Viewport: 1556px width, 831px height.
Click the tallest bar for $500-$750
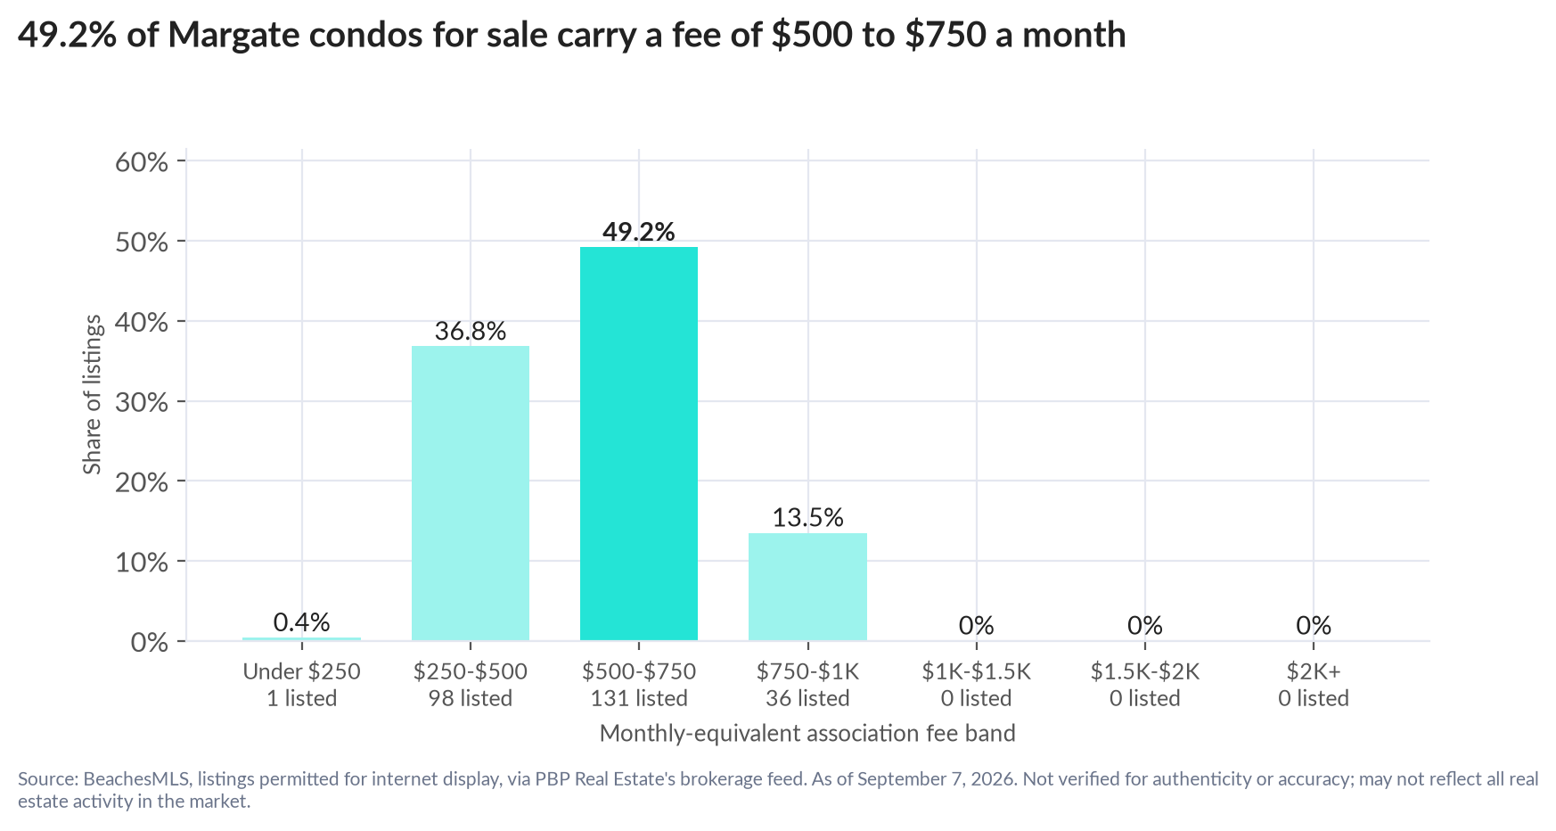[639, 443]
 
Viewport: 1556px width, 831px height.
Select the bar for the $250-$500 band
[471, 493]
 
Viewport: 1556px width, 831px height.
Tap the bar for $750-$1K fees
[807, 587]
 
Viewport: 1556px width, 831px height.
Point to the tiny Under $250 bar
[302, 638]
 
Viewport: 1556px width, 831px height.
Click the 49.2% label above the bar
[639, 232]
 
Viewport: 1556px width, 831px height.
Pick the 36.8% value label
[471, 332]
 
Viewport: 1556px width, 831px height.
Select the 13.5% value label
[807, 518]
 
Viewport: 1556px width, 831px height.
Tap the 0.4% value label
[302, 622]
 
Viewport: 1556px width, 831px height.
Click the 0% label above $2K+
[1314, 626]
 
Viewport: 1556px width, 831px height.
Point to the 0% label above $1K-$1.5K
[977, 626]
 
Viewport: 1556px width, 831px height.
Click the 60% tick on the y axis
[142, 162]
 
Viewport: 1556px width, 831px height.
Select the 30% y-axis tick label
[142, 402]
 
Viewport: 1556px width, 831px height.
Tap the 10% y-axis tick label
[142, 563]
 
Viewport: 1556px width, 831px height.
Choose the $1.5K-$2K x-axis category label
[1145, 671]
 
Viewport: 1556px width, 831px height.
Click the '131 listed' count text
[639, 698]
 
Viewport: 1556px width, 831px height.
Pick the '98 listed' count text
[471, 698]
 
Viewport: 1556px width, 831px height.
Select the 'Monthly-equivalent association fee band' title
[807, 734]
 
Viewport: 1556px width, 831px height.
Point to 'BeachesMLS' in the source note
[137, 779]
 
